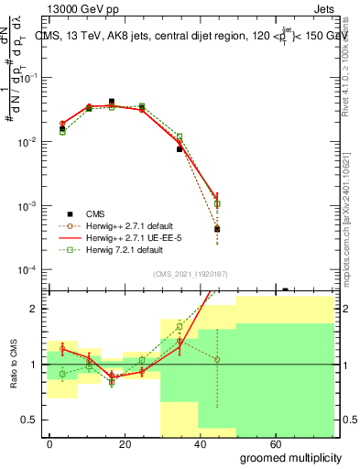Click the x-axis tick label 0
(x=50, y=443)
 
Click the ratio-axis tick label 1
(x=35, y=365)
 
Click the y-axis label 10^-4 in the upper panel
(x=29, y=270)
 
